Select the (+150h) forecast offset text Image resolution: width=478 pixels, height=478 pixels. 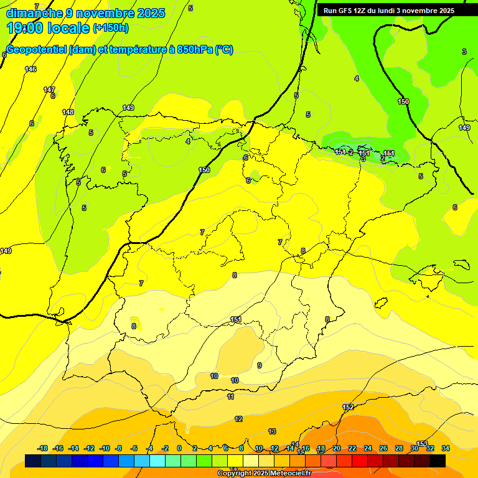[x=111, y=28]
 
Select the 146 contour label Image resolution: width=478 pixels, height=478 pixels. [x=30, y=69]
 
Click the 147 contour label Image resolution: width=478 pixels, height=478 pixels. [x=49, y=90]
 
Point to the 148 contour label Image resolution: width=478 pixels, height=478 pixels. [x=68, y=112]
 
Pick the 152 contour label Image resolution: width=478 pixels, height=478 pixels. [x=348, y=407]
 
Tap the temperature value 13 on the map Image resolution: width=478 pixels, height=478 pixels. [x=272, y=431]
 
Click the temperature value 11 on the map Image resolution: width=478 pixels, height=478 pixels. [x=230, y=396]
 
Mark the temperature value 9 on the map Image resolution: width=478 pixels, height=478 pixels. [x=260, y=365]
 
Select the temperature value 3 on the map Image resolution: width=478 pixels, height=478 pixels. [x=464, y=52]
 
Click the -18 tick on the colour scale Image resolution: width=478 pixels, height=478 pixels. [x=43, y=448]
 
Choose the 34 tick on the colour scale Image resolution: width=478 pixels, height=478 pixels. [x=446, y=448]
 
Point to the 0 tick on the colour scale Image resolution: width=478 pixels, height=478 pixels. [x=179, y=448]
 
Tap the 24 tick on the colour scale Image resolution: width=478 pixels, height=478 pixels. [x=368, y=448]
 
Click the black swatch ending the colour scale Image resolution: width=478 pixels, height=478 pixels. [x=438, y=461]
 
